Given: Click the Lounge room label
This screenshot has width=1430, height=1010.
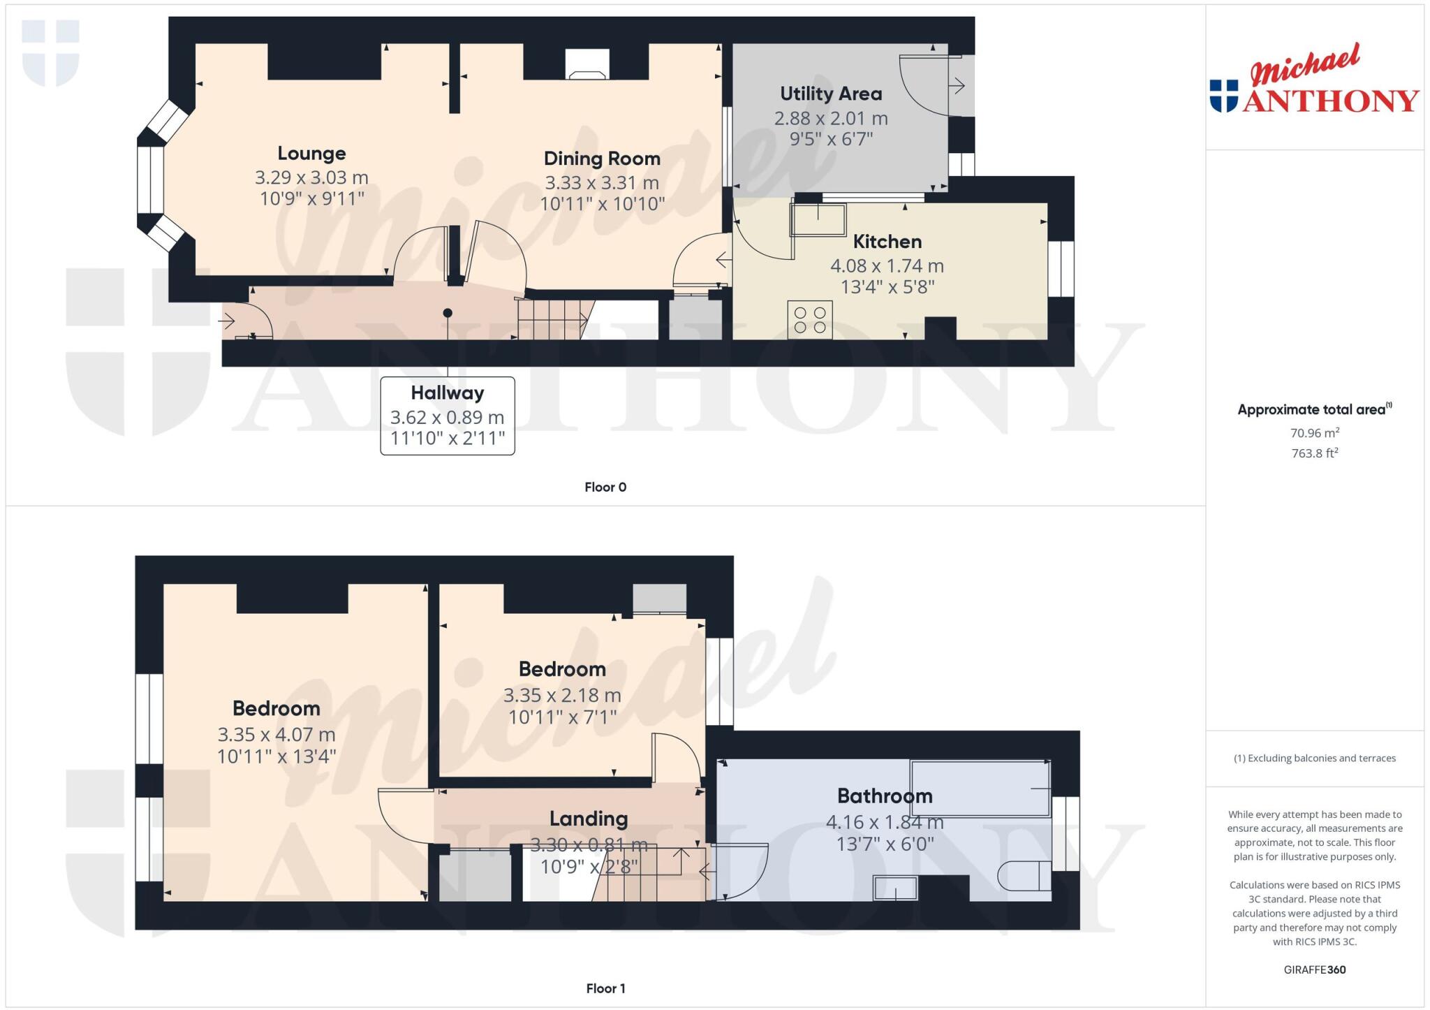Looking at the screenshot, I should click(311, 154).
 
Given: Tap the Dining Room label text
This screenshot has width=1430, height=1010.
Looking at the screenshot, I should click(602, 159).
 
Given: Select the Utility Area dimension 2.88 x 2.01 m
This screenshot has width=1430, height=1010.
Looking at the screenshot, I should click(830, 118).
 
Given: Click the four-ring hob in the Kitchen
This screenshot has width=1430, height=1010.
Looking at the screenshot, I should click(810, 320).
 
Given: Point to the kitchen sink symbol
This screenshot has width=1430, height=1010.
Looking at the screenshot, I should click(818, 219).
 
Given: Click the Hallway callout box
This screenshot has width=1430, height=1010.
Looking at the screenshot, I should click(448, 416).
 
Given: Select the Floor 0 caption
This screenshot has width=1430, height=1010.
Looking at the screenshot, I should click(605, 487).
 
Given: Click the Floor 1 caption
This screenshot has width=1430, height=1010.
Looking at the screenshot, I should click(605, 988).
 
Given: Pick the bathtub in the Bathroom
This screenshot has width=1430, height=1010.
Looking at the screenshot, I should click(980, 789).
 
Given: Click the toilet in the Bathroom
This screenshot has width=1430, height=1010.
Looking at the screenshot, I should click(1024, 876).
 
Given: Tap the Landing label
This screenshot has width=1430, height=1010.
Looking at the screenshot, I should click(588, 819).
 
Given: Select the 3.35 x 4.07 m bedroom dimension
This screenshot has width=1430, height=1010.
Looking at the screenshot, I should click(277, 735).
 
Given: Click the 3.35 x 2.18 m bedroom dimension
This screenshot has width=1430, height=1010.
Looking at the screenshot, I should click(561, 696).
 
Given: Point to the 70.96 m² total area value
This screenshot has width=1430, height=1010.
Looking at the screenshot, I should click(1314, 433).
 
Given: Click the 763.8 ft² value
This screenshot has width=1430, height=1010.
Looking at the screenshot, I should click(1314, 453).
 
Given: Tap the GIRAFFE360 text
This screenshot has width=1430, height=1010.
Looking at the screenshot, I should click(1314, 969).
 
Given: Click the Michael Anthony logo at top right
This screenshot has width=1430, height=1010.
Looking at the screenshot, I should click(1314, 80).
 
